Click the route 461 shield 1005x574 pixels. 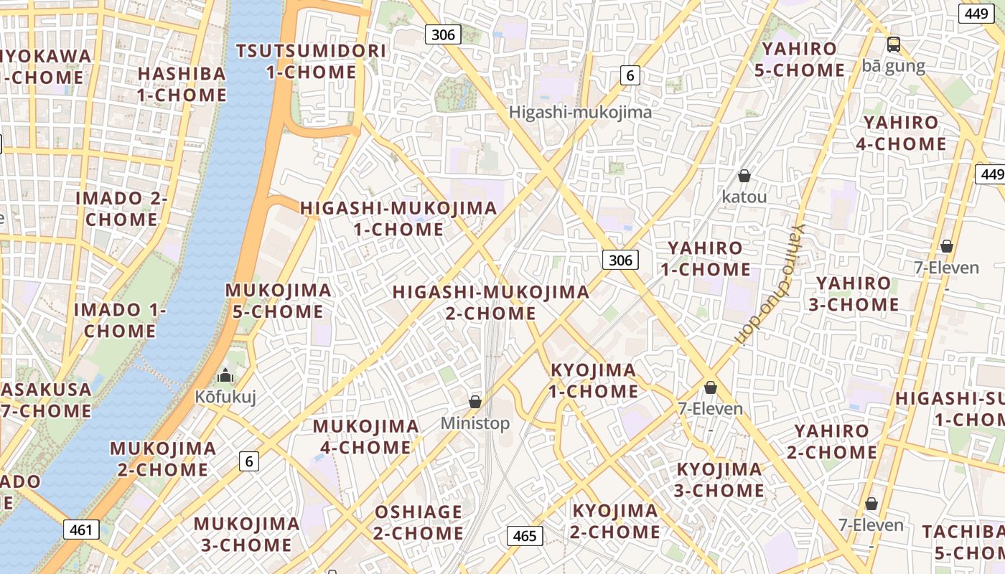pos(81,530)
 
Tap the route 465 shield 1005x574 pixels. pos(525,535)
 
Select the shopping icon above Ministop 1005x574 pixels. pos(475,401)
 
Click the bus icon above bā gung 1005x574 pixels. pos(894,44)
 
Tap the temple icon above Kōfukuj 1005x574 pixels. pos(225,375)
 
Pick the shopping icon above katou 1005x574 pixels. pos(744,176)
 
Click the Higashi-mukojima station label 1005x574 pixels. pos(580,112)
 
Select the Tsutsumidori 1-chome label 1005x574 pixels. pos(311,61)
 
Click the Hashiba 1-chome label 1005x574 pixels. pos(182,84)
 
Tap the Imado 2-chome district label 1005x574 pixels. pos(122,209)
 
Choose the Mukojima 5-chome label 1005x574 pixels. pos(279,301)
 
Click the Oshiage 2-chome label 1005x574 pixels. pos(419,522)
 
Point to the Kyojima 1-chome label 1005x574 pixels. pos(594,380)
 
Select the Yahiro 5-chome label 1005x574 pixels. pos(803,60)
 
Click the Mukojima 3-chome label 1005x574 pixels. pos(246,534)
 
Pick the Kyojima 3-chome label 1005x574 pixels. pos(720,480)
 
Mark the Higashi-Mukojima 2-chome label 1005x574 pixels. pos(491,302)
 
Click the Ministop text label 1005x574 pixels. pos(475,423)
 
